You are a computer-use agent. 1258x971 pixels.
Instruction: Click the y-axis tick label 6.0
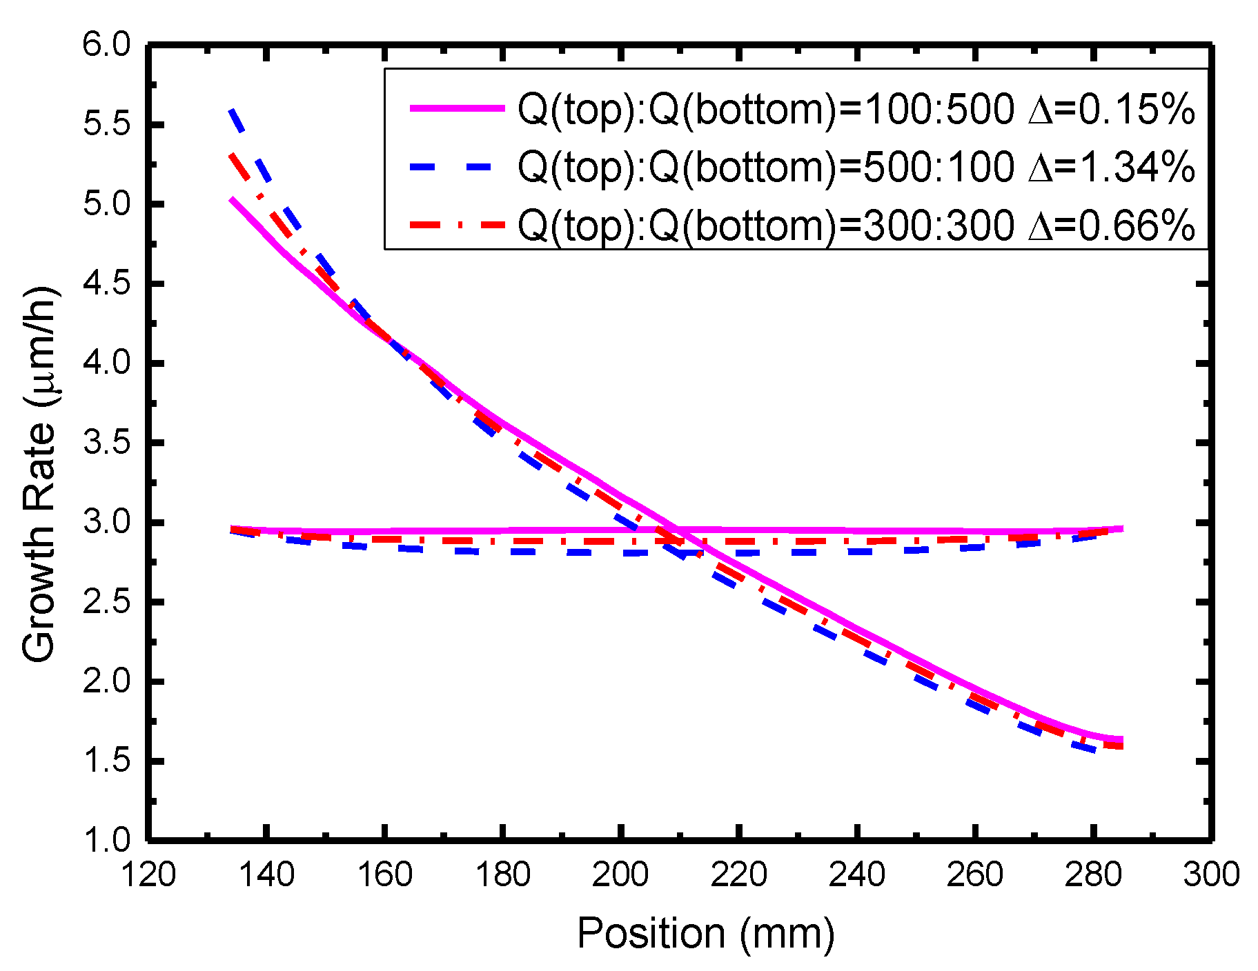coord(106,46)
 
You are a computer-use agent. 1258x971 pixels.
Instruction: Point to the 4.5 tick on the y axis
coord(106,284)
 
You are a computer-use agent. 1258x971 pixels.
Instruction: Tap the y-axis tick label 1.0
coord(106,841)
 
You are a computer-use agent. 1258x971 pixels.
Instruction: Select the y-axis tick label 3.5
coord(106,443)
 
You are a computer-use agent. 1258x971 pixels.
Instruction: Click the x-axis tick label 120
coord(148,875)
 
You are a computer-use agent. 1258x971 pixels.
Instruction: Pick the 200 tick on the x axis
coord(620,875)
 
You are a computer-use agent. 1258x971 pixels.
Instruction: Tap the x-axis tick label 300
coord(1211,875)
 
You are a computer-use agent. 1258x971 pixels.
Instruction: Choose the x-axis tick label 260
coord(974,875)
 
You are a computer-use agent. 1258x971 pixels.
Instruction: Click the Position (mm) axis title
coord(705,934)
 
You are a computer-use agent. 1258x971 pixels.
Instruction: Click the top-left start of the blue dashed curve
coord(233,110)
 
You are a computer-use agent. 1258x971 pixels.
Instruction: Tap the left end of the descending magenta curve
coord(233,199)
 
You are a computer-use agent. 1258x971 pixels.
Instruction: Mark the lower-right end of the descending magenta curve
coord(1121,740)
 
